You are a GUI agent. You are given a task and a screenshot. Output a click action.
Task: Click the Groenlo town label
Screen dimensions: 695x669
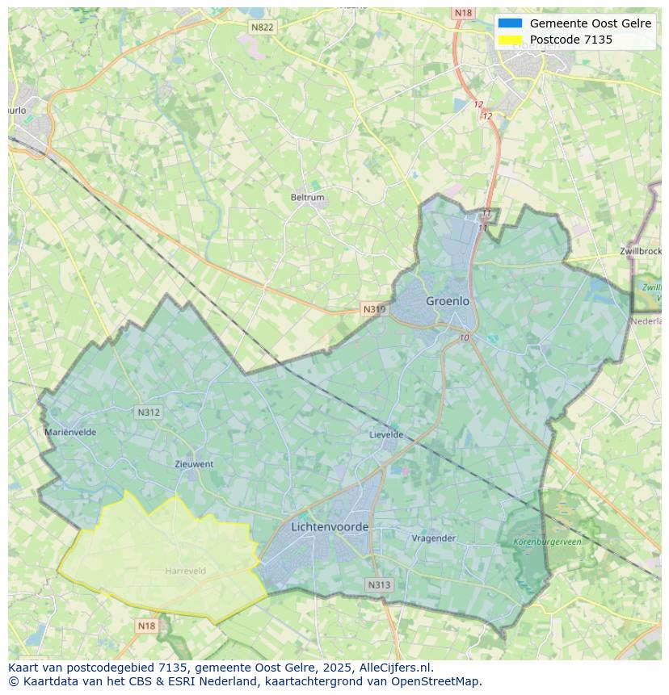(447, 301)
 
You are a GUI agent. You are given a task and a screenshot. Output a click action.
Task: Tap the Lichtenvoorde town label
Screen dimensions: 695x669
(330, 527)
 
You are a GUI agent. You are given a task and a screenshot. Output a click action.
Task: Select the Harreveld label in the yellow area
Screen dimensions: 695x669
(185, 571)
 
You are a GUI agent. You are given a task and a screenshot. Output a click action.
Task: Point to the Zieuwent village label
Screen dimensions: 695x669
(194, 464)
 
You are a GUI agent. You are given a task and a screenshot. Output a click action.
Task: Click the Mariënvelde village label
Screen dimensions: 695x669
(70, 432)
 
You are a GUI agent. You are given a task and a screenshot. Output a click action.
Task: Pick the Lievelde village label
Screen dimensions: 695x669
(386, 434)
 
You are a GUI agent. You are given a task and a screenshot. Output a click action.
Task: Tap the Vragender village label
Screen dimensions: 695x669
(434, 538)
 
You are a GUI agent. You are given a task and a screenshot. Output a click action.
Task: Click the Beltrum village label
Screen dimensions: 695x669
(307, 197)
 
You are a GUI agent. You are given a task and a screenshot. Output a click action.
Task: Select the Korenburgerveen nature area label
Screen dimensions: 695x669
(547, 542)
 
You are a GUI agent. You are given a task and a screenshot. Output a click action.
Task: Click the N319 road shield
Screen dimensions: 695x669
(373, 309)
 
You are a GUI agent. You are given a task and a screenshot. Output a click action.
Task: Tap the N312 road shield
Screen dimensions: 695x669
(149, 412)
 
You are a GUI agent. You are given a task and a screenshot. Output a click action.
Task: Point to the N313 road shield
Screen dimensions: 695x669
(379, 585)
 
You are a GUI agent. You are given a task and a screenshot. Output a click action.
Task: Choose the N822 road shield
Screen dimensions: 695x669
(262, 27)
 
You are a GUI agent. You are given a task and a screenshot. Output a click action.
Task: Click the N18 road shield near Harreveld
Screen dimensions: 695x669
(146, 626)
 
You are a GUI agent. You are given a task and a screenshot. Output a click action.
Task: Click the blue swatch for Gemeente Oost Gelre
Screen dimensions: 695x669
(510, 23)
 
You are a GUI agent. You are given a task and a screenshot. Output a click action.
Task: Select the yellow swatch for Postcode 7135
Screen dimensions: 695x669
(510, 40)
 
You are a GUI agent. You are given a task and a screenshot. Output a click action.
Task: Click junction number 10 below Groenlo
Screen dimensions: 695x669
(464, 337)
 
